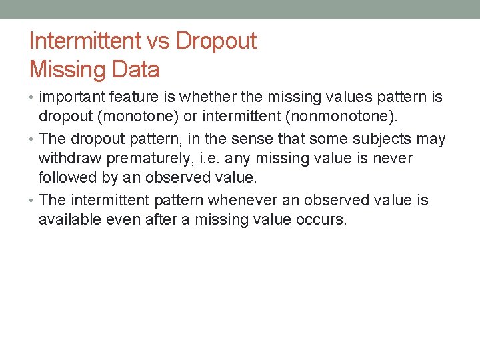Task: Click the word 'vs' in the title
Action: click(x=158, y=41)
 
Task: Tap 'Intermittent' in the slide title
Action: click(x=83, y=41)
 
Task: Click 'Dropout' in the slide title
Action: click(x=216, y=41)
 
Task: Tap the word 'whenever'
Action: click(x=239, y=201)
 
